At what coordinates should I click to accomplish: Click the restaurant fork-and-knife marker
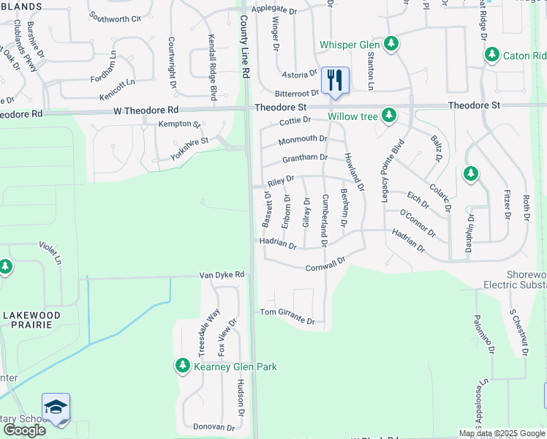(335, 80)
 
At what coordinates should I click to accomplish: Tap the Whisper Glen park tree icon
(391, 44)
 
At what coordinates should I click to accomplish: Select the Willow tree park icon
(389, 115)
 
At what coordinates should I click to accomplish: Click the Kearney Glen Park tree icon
(181, 365)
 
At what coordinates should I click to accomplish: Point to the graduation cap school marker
(56, 408)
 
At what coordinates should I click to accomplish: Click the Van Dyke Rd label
(222, 275)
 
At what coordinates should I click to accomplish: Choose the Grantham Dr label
(304, 158)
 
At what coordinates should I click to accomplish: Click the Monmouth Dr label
(303, 138)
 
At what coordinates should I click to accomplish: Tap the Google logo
(24, 429)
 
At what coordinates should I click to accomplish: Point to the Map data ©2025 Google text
(501, 433)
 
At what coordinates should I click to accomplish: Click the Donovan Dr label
(214, 427)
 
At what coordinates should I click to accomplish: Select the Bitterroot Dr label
(297, 94)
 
